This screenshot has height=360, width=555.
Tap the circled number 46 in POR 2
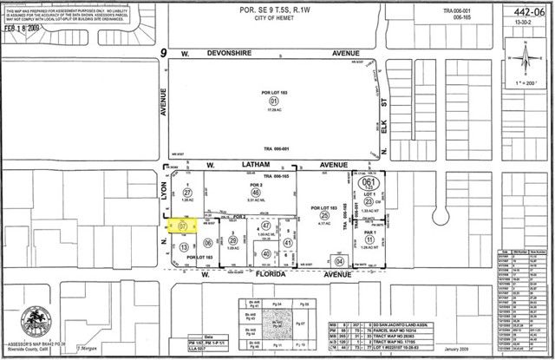257,193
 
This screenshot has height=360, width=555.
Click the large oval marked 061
367,183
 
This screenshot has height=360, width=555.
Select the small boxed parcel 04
339,261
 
